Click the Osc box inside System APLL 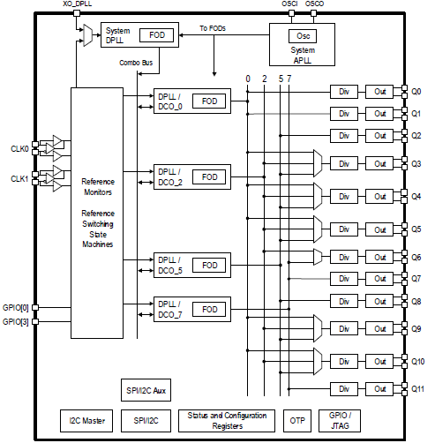click(x=301, y=36)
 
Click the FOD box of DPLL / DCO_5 click(x=209, y=265)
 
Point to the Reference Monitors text click(x=98, y=185)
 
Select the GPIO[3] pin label click(x=17, y=323)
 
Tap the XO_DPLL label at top click(x=76, y=5)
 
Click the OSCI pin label click(x=290, y=5)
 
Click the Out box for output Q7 click(x=380, y=278)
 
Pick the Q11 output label click(x=417, y=389)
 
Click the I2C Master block click(x=86, y=421)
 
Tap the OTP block click(x=297, y=421)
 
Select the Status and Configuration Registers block click(x=227, y=420)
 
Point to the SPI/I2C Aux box click(x=146, y=389)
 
